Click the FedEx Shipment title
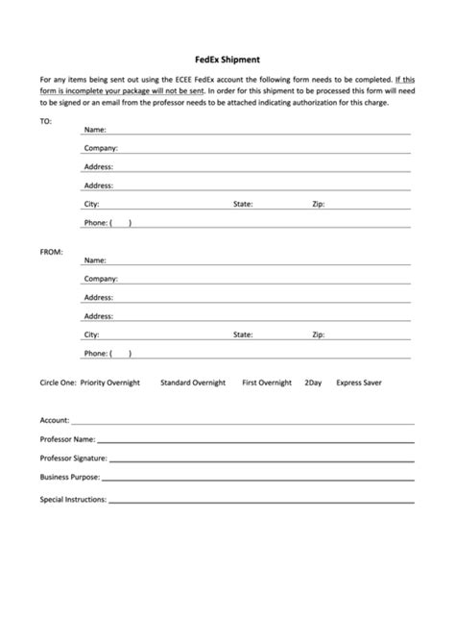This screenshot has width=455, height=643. [x=227, y=59]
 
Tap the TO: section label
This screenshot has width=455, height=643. [x=46, y=122]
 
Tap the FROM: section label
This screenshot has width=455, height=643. [x=51, y=252]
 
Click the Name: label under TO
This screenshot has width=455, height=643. [x=94, y=129]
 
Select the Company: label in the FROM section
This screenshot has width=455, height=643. [x=100, y=279]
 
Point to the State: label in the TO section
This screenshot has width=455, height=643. [x=243, y=204]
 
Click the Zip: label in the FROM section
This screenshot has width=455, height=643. [x=319, y=334]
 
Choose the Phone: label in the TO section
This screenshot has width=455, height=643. [x=95, y=223]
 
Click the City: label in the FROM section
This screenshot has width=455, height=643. [x=92, y=334]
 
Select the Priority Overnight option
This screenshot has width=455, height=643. [x=110, y=383]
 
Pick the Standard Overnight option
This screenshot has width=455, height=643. [x=193, y=383]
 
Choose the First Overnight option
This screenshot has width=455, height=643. [x=267, y=383]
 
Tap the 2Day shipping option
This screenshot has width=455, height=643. [x=313, y=383]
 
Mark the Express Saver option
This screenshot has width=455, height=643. [x=359, y=383]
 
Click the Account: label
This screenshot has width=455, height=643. [x=54, y=421]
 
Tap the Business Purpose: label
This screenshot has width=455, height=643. [x=69, y=477]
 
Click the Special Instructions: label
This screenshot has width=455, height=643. [x=73, y=500]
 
